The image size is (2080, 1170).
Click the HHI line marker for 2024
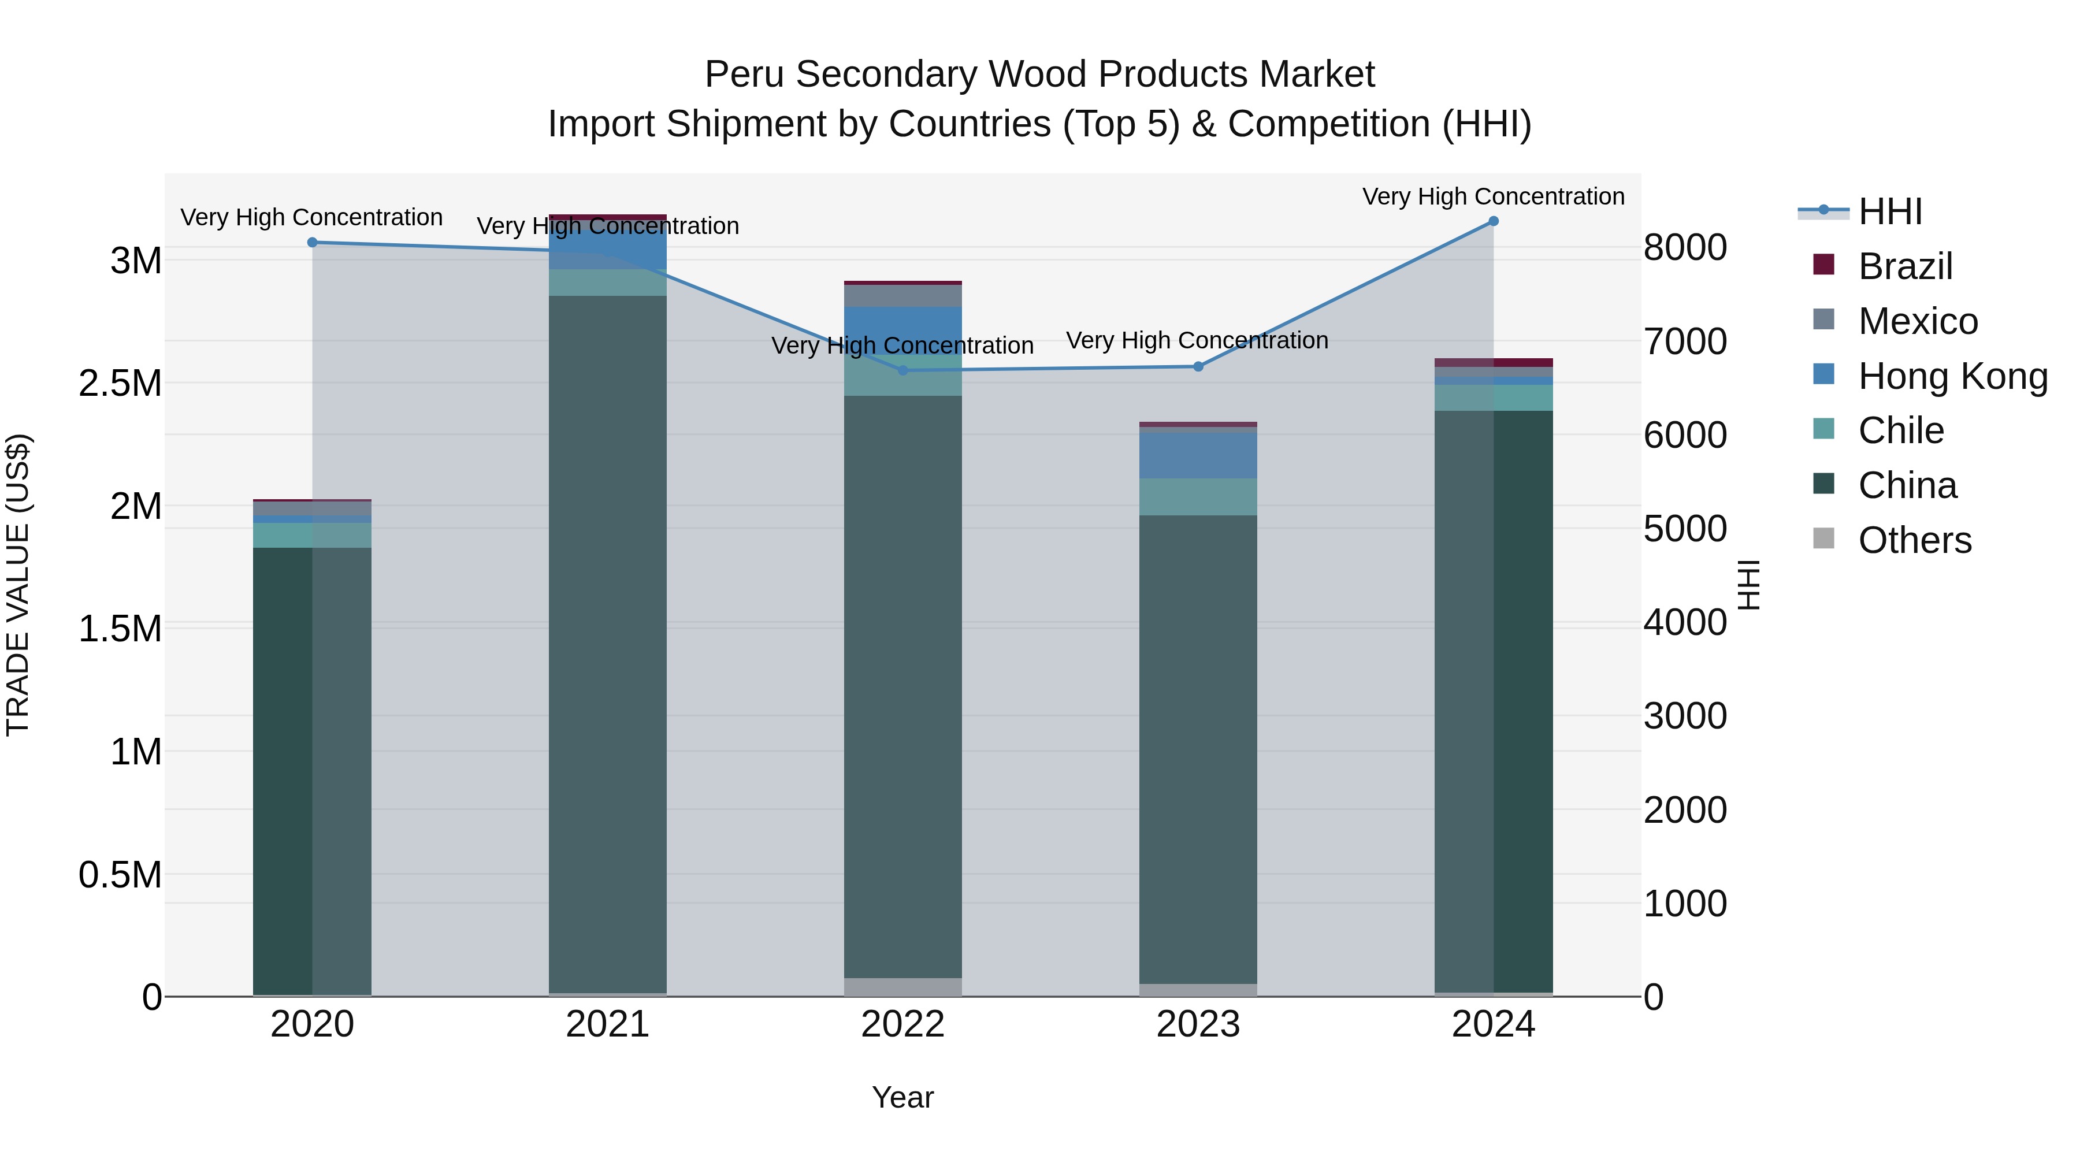(1493, 221)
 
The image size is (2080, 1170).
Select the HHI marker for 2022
(902, 370)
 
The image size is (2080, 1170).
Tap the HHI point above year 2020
(313, 242)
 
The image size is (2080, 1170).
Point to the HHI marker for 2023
(1198, 366)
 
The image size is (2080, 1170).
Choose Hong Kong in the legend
(1952, 376)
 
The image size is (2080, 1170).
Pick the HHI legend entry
(1889, 211)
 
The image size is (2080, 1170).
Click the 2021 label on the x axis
(607, 1024)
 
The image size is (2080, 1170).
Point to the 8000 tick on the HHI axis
(1685, 247)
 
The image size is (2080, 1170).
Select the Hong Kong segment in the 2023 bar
(1198, 455)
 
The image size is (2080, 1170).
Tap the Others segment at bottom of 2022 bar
(902, 987)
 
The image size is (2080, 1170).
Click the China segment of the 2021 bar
(607, 646)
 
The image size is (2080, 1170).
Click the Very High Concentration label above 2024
(1493, 196)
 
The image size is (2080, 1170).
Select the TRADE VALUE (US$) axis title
(18, 585)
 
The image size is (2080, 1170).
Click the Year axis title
(902, 1097)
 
